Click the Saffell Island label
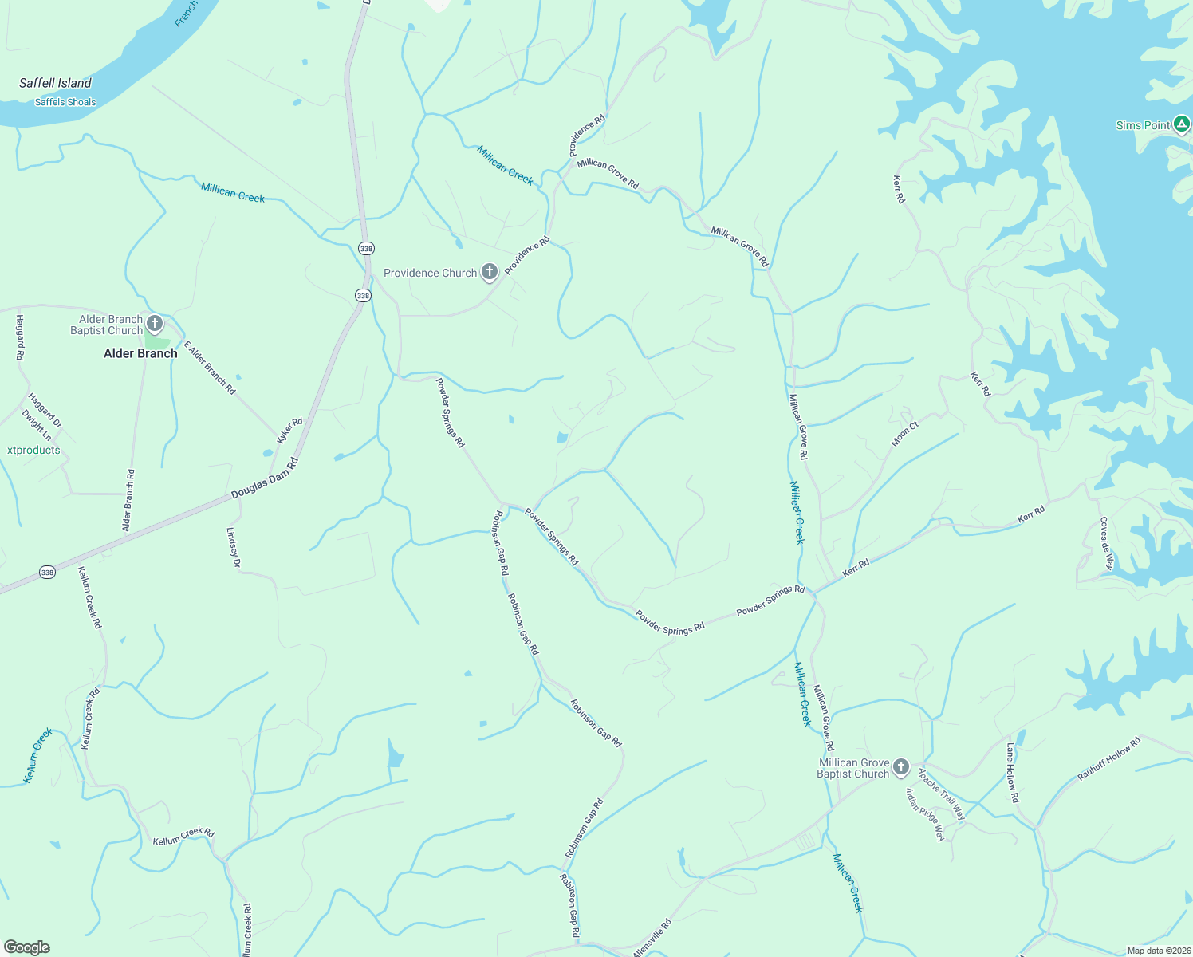tap(55, 83)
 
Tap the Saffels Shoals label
tap(65, 102)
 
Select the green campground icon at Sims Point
tap(1182, 124)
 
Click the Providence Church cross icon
tap(490, 273)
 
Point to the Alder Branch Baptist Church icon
tap(155, 324)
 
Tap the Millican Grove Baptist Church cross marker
tap(900, 767)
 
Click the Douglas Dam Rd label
tap(264, 479)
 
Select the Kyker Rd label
tap(289, 431)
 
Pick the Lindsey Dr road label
tap(234, 548)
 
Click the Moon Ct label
tap(904, 434)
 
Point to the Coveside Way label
tap(1106, 543)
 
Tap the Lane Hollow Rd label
tap(1011, 772)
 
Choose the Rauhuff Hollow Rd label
tap(1108, 758)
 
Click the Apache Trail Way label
tap(941, 794)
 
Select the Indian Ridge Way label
tap(925, 813)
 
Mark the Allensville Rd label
tap(652, 939)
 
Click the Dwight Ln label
tap(37, 425)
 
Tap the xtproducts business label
tap(33, 450)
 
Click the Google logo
tap(26, 947)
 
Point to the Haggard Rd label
tap(20, 337)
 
